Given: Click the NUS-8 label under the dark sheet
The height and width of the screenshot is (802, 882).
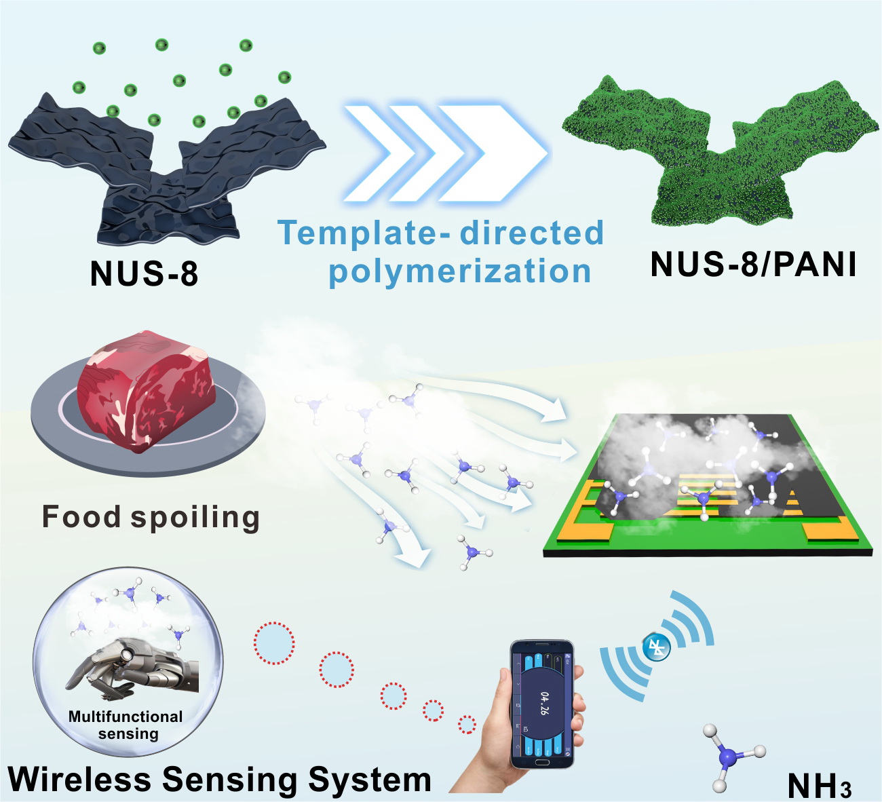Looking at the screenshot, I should pos(144,273).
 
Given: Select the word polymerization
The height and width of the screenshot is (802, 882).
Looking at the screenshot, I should pos(460,271).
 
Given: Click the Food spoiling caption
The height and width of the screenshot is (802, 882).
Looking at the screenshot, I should pos(151,517).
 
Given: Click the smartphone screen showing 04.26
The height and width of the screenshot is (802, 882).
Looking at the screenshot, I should pos(542,702).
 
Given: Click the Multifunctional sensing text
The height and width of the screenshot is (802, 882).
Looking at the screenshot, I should pos(126,725).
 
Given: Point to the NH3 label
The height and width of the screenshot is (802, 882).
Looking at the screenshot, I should pos(819,786).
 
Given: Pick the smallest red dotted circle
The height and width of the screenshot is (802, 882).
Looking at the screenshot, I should pos(467,724).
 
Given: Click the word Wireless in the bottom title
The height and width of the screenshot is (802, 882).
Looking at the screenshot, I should pos(80,779).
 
